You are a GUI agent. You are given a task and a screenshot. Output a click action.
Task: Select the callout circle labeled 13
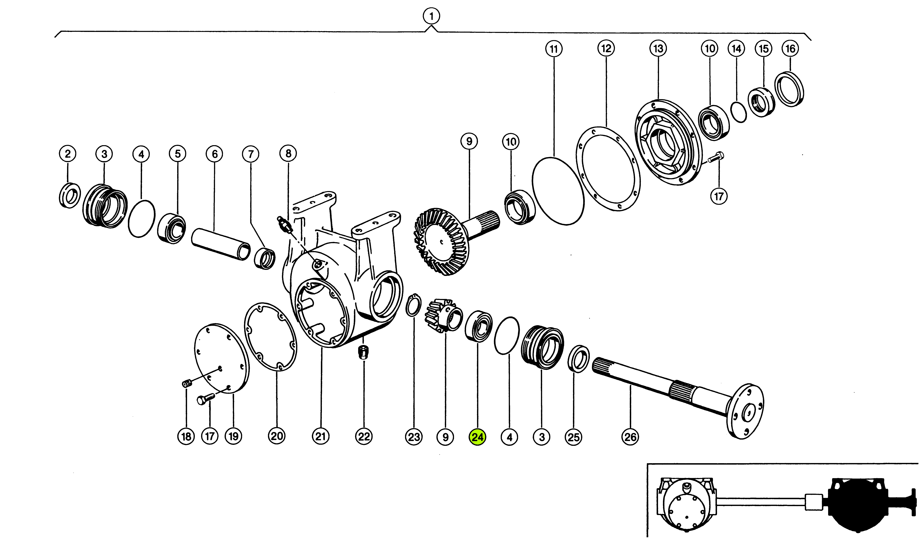[658, 48]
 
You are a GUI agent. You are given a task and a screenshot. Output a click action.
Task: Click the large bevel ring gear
[441, 242]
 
